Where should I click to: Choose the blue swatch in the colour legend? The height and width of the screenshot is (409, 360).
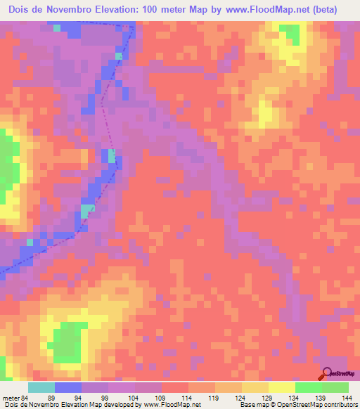67,388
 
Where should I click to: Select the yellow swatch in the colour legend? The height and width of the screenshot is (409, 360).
281,388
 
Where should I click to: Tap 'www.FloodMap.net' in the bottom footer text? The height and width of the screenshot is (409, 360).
172,405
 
